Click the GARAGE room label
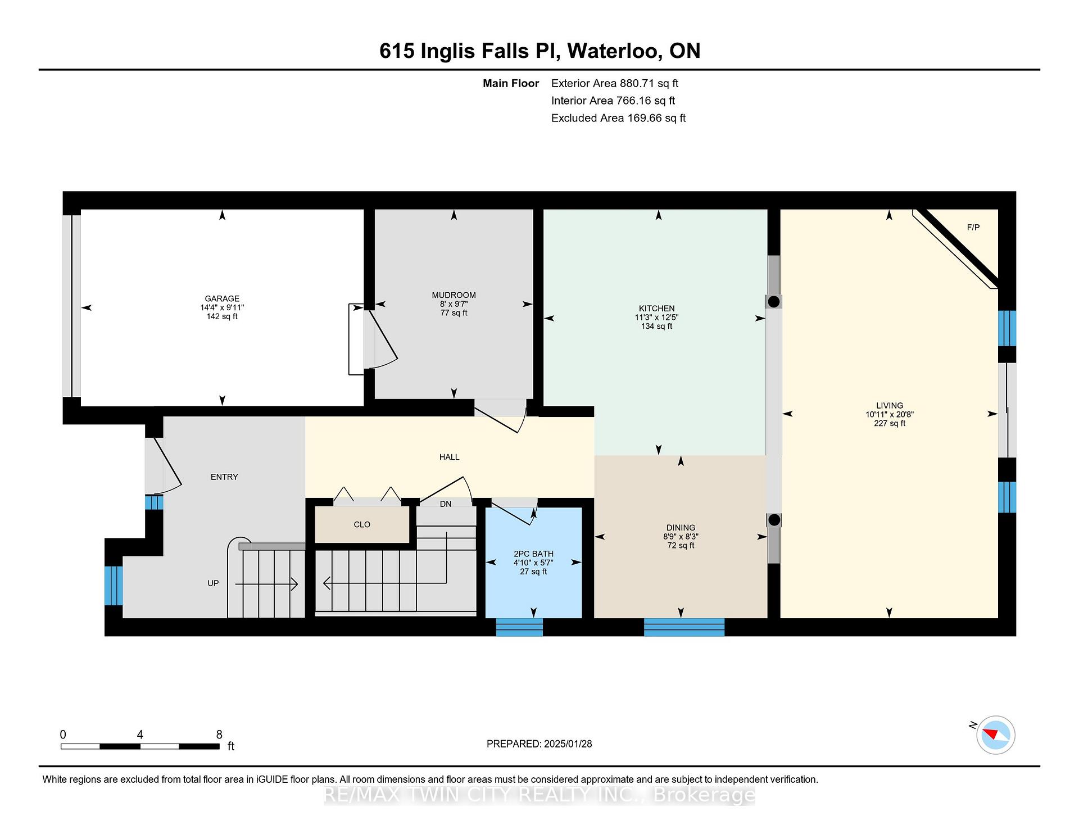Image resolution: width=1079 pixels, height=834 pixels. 222,298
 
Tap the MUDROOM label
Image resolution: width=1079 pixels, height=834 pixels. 454,295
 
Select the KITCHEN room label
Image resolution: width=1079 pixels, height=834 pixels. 656,309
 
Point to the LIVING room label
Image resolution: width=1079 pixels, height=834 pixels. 890,406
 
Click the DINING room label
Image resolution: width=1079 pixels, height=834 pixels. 681,528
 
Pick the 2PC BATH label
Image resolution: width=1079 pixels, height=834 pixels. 533,554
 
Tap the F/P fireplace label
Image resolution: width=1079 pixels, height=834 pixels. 973,228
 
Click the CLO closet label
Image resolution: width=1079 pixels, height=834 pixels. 362,524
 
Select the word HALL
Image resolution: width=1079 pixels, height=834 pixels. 450,457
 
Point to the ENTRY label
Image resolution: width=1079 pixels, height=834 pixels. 224,477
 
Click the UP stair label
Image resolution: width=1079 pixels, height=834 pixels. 213,583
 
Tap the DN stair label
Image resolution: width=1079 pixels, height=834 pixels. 446,504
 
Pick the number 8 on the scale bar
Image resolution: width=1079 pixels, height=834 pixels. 219,735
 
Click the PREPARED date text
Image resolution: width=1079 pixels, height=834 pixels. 539,744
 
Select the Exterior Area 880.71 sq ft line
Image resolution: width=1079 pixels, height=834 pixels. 615,84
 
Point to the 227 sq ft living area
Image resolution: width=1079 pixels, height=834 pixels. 890,424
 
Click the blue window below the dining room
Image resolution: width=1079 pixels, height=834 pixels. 684,627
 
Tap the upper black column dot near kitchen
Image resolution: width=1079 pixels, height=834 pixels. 774,302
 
